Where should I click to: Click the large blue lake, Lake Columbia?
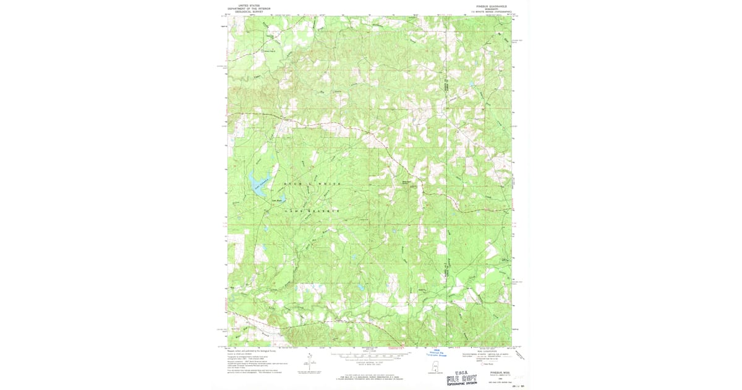[x=256, y=182]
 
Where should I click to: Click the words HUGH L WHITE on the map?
[x=312, y=184]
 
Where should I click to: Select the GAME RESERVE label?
[x=312, y=211]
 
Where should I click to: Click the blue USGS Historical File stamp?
[x=440, y=353]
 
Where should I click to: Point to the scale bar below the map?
[x=370, y=357]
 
